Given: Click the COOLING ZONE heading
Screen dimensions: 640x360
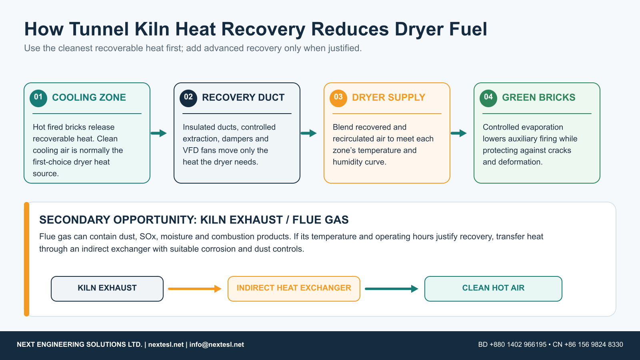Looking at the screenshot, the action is (x=89, y=98).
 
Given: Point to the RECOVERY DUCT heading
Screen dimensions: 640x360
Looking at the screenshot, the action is (x=243, y=98).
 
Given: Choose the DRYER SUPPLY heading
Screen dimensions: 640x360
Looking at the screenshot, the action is (x=388, y=98).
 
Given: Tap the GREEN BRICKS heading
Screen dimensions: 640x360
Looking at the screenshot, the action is (x=538, y=98).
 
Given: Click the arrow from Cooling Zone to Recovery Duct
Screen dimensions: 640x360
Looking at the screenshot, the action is (x=158, y=133).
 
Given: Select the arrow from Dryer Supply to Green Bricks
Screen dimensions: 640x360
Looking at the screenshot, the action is (x=458, y=133).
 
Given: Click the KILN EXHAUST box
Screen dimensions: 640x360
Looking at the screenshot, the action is (x=107, y=288).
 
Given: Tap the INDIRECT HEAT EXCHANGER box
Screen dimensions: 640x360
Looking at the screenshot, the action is (x=294, y=288).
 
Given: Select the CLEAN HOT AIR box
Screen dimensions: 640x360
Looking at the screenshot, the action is (x=493, y=288).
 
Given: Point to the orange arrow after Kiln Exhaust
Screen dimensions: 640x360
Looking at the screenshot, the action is (x=195, y=289).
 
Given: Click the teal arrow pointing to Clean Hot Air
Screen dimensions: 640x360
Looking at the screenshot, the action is (x=392, y=289).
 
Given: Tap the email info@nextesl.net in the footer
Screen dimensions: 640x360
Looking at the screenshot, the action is (x=216, y=344).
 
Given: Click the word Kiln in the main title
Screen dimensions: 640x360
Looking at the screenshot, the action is (x=152, y=29).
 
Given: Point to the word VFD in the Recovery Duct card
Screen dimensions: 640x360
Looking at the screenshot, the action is (x=191, y=150).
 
